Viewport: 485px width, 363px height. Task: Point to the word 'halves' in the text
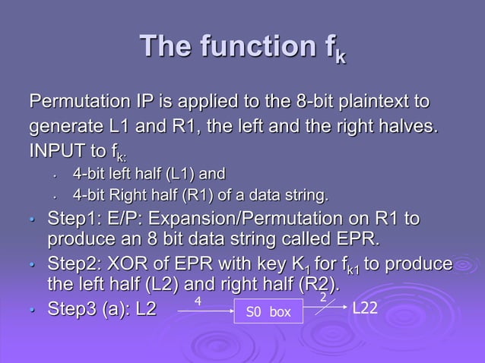412,124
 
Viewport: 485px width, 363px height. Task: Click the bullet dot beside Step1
32,221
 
